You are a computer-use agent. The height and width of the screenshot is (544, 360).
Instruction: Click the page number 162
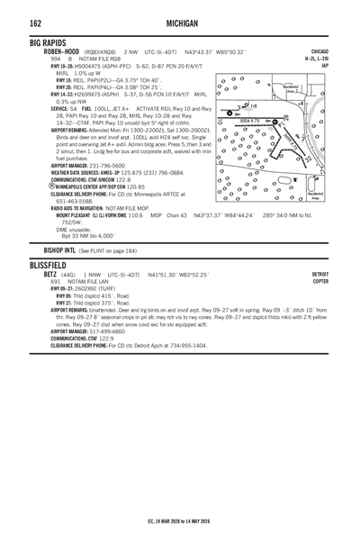13,21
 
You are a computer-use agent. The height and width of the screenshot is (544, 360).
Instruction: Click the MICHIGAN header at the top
180,21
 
